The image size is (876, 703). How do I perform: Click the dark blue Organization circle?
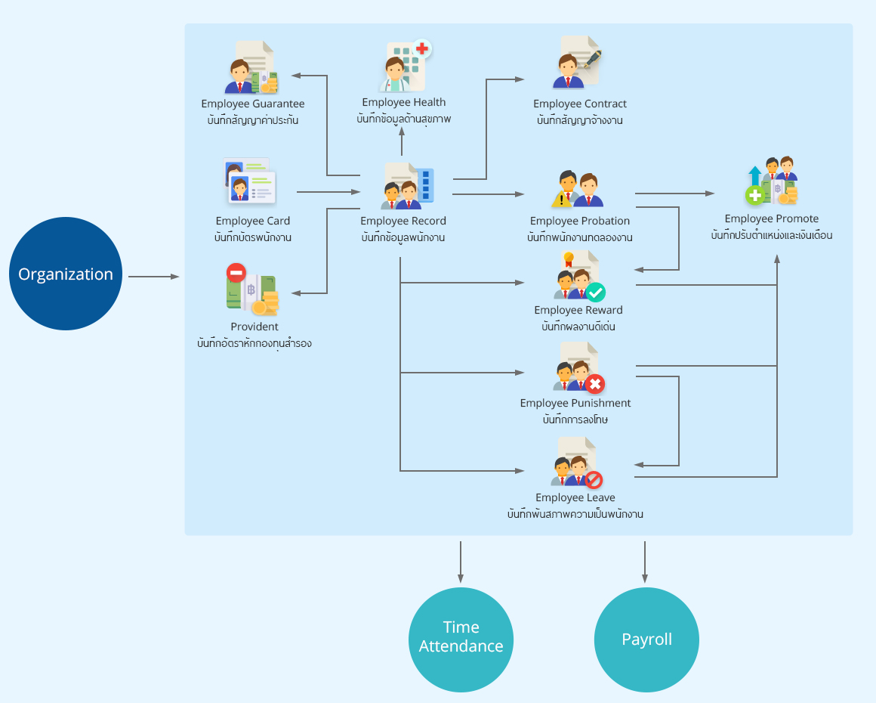(66, 274)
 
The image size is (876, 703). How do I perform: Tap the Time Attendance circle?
(461, 640)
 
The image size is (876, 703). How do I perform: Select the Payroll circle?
(646, 640)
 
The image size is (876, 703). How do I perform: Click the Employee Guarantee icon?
(251, 67)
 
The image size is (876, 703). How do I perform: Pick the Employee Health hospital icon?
(405, 66)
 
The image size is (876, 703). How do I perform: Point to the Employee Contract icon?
(578, 62)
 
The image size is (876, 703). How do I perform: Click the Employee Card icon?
(250, 181)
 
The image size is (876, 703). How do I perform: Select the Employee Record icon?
(407, 186)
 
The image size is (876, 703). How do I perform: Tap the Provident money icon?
(252, 290)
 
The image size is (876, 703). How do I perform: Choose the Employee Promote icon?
(772, 181)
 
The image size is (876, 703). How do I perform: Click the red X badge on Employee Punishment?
(595, 384)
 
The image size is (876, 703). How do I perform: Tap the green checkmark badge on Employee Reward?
(596, 292)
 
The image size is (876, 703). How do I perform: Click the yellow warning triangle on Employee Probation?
(561, 199)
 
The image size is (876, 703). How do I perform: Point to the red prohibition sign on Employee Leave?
(594, 480)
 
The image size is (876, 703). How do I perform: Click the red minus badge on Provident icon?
(236, 273)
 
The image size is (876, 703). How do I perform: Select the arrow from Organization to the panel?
(153, 276)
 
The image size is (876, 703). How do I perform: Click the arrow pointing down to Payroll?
(645, 562)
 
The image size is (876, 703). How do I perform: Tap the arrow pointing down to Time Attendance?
(461, 562)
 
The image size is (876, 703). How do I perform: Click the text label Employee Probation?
(580, 221)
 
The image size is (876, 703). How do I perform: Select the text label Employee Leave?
(575, 497)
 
